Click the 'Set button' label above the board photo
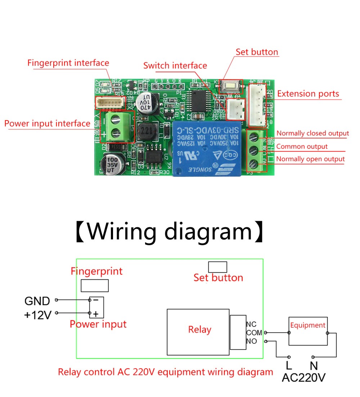[257, 52]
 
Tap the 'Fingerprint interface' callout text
[68, 63]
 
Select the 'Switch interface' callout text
[175, 65]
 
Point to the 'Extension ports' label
[308, 94]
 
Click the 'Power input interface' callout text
[47, 124]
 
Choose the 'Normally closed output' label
[312, 133]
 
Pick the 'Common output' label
[302, 146]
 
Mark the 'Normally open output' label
[310, 159]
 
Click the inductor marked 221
[146, 131]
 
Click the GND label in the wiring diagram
[37, 301]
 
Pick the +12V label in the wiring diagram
[37, 315]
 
